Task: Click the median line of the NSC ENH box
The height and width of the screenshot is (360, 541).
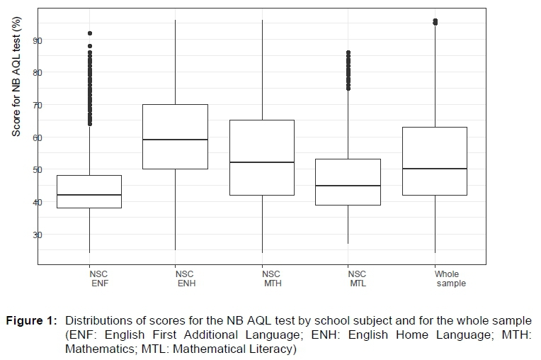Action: coord(176,140)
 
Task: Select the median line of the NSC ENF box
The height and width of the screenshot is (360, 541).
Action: coord(89,194)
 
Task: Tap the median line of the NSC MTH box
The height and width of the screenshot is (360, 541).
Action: coord(262,162)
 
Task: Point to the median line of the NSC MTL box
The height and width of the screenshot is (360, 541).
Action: coord(348,186)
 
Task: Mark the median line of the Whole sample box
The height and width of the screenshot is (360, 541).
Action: coord(435,169)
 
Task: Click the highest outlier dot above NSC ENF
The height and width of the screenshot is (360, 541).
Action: coord(89,33)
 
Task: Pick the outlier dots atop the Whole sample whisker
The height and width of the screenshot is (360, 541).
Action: coord(435,22)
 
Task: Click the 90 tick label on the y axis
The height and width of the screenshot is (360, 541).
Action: coord(38,40)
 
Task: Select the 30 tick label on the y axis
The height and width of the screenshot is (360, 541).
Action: coord(38,235)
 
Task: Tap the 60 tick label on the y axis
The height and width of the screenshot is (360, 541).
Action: coord(38,137)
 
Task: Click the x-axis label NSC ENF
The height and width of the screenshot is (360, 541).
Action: coord(98,279)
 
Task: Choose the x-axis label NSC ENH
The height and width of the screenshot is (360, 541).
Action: coord(184,279)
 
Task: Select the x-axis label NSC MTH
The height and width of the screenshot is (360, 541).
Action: coord(270,279)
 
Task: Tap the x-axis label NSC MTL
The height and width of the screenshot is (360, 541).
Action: coord(357,279)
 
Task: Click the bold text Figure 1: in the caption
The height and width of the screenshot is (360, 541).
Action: coord(31,320)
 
